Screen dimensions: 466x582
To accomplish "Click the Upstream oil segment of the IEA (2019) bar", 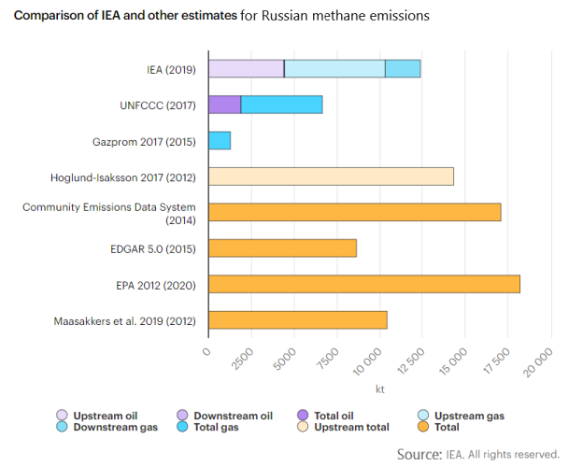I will tap(246, 68).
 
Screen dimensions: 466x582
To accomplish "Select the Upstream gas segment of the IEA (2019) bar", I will tap(334, 68).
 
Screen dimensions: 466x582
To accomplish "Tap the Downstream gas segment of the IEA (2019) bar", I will tap(403, 68).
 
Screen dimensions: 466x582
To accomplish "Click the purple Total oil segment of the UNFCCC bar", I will tap(224, 105).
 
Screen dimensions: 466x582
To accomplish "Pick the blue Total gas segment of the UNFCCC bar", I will tap(281, 105).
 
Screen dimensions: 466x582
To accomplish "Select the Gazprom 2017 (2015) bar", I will tap(219, 140).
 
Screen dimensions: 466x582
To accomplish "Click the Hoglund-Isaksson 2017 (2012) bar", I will tap(331, 177).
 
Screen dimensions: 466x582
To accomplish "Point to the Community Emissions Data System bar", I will tap(354, 212).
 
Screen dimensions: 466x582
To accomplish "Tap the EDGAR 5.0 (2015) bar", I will tap(282, 248).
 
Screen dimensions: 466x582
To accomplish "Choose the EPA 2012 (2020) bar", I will tap(363, 284).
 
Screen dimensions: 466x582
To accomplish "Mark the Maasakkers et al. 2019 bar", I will tap(297, 320).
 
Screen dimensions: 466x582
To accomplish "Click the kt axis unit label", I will tap(380, 388).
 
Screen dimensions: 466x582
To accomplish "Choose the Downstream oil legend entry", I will tap(233, 415).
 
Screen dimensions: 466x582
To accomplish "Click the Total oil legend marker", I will tap(302, 415).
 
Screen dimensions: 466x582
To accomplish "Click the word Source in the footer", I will tap(419, 454).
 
